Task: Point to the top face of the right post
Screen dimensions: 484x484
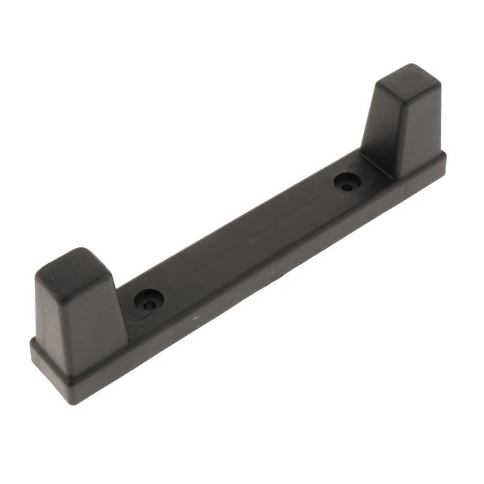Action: pos(409,79)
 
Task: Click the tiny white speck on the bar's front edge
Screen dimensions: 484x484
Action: pos(195,318)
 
